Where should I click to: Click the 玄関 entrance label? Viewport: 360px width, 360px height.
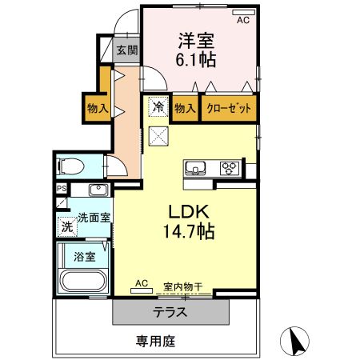[126, 50]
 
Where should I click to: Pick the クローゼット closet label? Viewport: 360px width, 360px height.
[230, 107]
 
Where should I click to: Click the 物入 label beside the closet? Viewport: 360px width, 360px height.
[185, 107]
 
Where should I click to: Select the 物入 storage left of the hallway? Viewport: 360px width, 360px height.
[98, 107]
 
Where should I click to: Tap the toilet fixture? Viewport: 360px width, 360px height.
[72, 167]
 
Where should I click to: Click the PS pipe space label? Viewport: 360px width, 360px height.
[61, 190]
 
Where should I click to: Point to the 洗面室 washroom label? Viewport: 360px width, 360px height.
[94, 216]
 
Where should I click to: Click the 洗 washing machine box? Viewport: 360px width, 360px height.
[67, 226]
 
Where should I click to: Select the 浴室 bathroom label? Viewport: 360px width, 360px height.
[86, 258]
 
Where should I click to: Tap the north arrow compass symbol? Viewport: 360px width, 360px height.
[297, 341]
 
